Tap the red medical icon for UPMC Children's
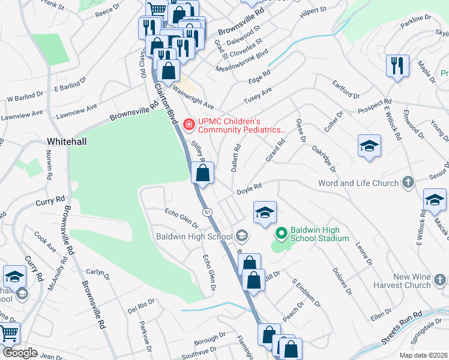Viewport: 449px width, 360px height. point(189,125)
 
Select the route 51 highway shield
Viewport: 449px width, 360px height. point(207,212)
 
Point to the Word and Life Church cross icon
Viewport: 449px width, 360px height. point(408,182)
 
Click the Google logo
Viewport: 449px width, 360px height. point(20,353)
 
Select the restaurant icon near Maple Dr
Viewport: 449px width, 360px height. point(397,66)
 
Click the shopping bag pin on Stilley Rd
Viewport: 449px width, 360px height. point(203,173)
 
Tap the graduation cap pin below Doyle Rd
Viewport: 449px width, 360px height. point(265,213)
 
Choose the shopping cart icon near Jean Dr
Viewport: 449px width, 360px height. point(8,333)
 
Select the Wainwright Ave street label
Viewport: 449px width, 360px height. point(194,94)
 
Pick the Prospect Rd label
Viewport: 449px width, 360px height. point(375,106)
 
